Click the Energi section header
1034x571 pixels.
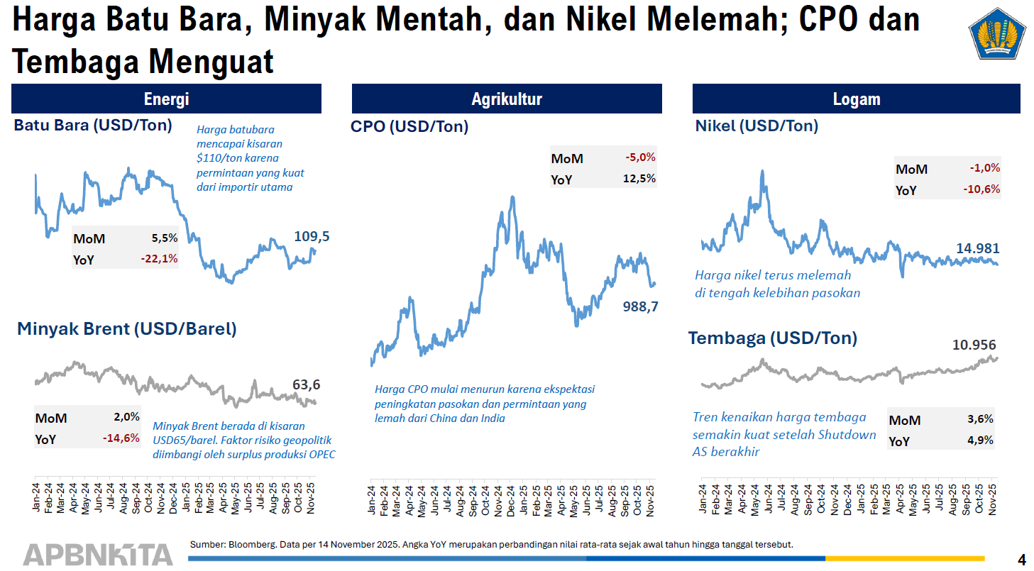click(166, 99)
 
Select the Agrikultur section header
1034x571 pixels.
click(507, 99)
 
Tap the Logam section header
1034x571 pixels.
click(856, 99)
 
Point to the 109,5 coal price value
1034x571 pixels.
click(312, 237)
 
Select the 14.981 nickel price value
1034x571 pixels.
click(977, 248)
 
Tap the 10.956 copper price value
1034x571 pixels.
click(974, 345)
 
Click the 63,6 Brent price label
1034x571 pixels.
click(307, 385)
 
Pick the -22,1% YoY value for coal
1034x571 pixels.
click(159, 259)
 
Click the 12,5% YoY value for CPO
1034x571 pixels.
click(639, 179)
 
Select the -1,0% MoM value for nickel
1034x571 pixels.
click(984, 168)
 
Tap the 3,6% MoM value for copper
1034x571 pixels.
click(980, 418)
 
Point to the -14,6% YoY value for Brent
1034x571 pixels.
click(121, 438)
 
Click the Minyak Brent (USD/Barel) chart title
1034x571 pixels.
click(126, 329)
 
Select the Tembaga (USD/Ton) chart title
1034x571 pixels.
click(772, 338)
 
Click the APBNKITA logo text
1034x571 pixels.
click(98, 554)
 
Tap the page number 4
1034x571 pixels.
click(1021, 558)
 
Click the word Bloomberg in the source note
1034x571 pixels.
click(253, 544)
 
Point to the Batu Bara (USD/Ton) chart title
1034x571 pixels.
click(93, 126)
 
